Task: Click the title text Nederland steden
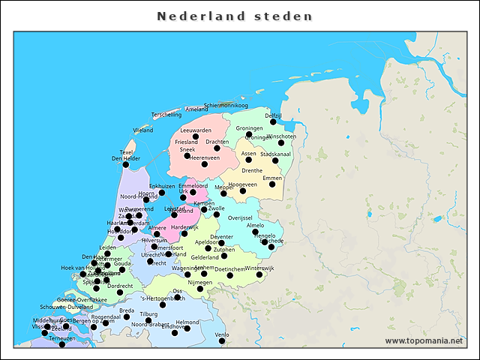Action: [x=234, y=16]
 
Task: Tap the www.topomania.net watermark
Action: [x=424, y=341]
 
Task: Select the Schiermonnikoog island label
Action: [x=226, y=106]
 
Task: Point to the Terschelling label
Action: [x=166, y=115]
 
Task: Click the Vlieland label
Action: [x=143, y=130]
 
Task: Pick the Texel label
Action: [x=126, y=151]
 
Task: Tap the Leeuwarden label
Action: [x=196, y=130]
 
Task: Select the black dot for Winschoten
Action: [x=281, y=142]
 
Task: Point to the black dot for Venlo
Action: [x=222, y=341]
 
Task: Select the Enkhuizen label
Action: [x=162, y=186]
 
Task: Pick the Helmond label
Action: [x=187, y=322]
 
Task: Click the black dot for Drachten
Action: [x=217, y=148]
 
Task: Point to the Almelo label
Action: [x=256, y=225]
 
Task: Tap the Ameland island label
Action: [x=196, y=109]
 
